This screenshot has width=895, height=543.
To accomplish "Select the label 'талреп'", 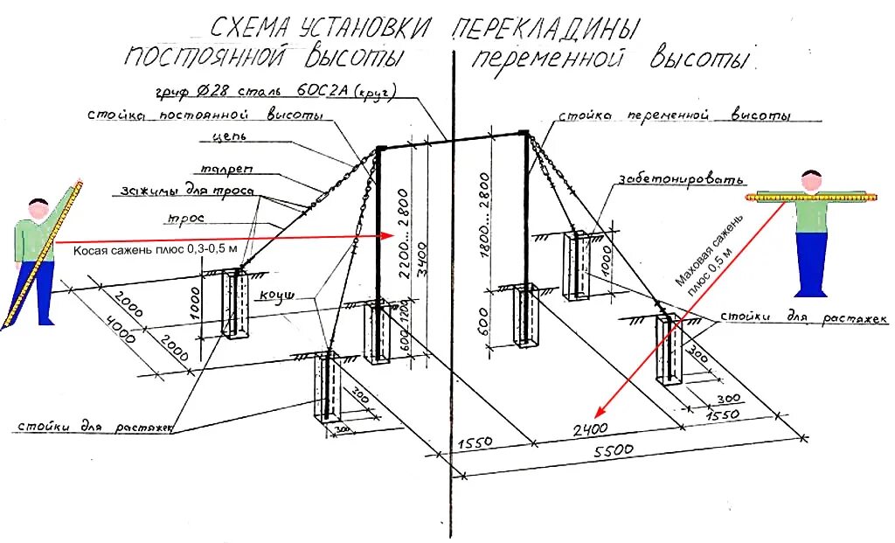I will coord(227,171).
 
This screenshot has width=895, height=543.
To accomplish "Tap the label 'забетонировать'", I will coord(682,179).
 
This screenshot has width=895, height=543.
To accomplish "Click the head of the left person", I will coord(38,210).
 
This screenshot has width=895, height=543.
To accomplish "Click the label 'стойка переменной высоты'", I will coord(674,116).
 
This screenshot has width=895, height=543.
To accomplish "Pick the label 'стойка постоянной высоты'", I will coord(206,115).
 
